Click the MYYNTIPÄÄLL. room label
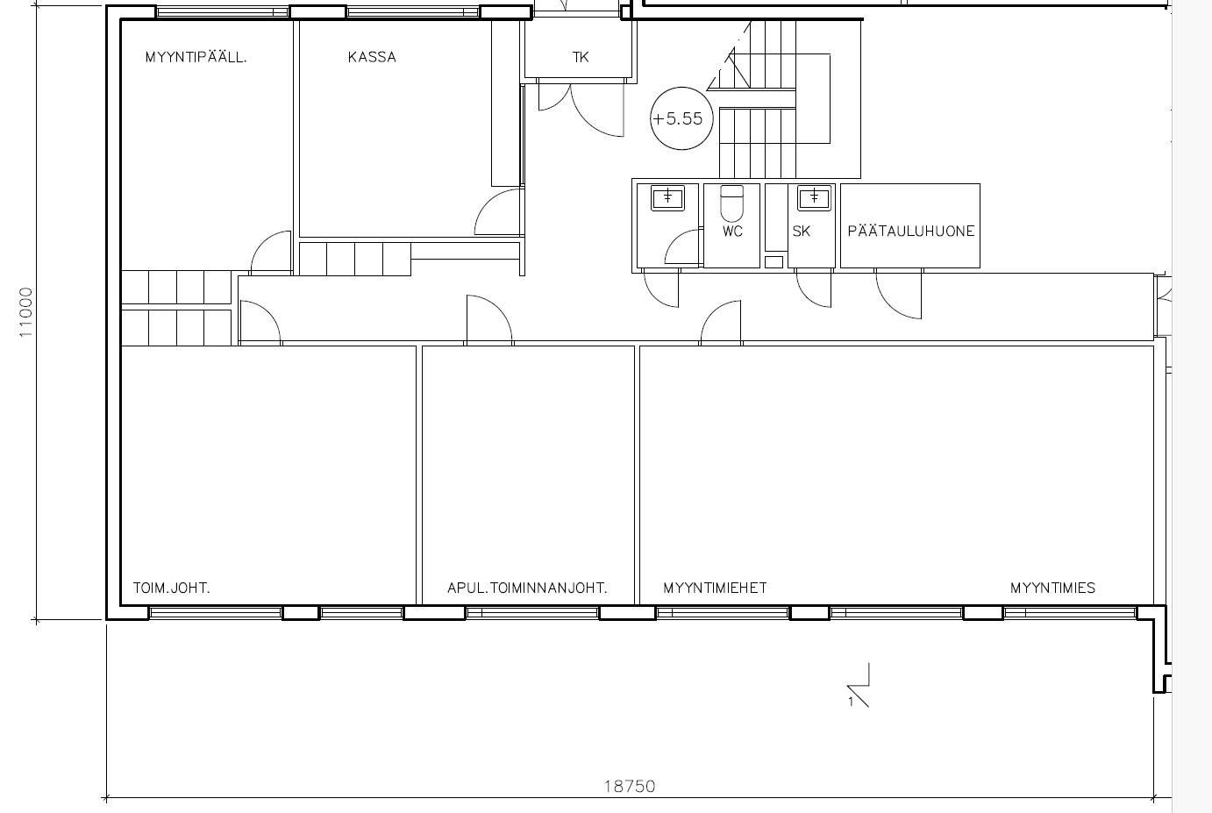click(196, 56)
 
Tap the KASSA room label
click(372, 57)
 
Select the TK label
click(580, 57)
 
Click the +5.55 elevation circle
click(681, 89)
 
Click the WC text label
click(732, 231)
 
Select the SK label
click(802, 231)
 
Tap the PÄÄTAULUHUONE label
click(910, 231)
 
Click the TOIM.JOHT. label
click(171, 588)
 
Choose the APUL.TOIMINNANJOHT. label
click(528, 588)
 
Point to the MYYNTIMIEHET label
click(715, 588)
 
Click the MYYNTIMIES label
click(1052, 588)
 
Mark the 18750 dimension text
click(630, 786)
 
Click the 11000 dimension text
click(25, 312)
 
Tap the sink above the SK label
click(814, 197)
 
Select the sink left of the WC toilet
click(667, 197)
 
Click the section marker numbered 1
click(859, 685)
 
